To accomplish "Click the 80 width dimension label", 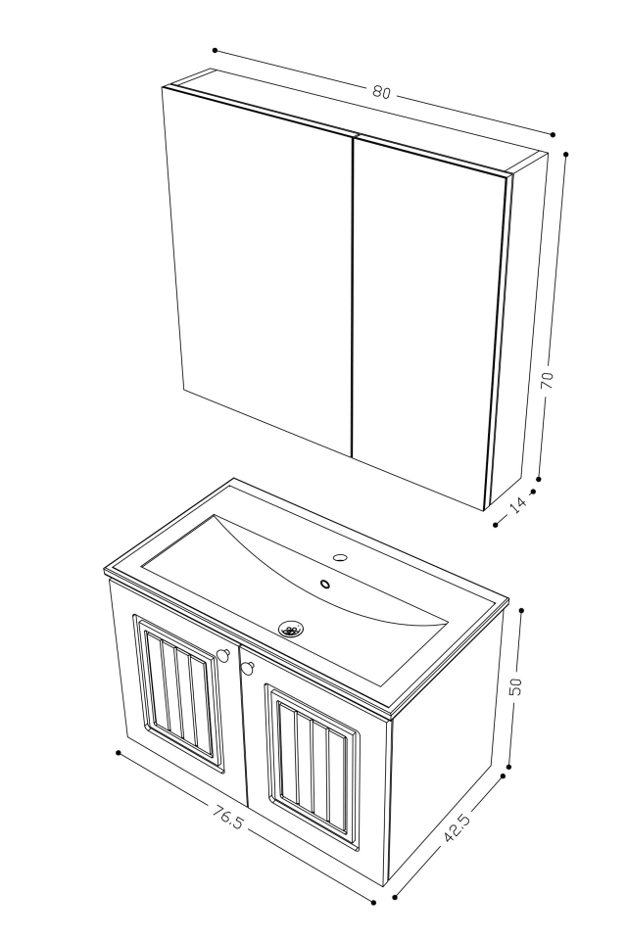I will (x=381, y=92).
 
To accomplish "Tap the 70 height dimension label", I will (x=548, y=379).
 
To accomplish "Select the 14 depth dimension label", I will (x=517, y=503).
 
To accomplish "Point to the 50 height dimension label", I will (x=516, y=686).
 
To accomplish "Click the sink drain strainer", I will (x=291, y=630).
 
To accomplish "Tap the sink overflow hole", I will (x=325, y=585).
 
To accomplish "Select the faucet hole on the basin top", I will (x=340, y=558).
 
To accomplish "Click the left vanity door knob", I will (x=223, y=655).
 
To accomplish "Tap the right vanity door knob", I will (x=246, y=669).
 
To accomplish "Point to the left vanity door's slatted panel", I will (x=177, y=694).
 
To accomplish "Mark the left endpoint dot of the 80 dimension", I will (x=214, y=50).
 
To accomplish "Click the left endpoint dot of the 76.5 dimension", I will (x=118, y=753).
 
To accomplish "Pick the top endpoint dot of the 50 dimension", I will (x=521, y=610).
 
